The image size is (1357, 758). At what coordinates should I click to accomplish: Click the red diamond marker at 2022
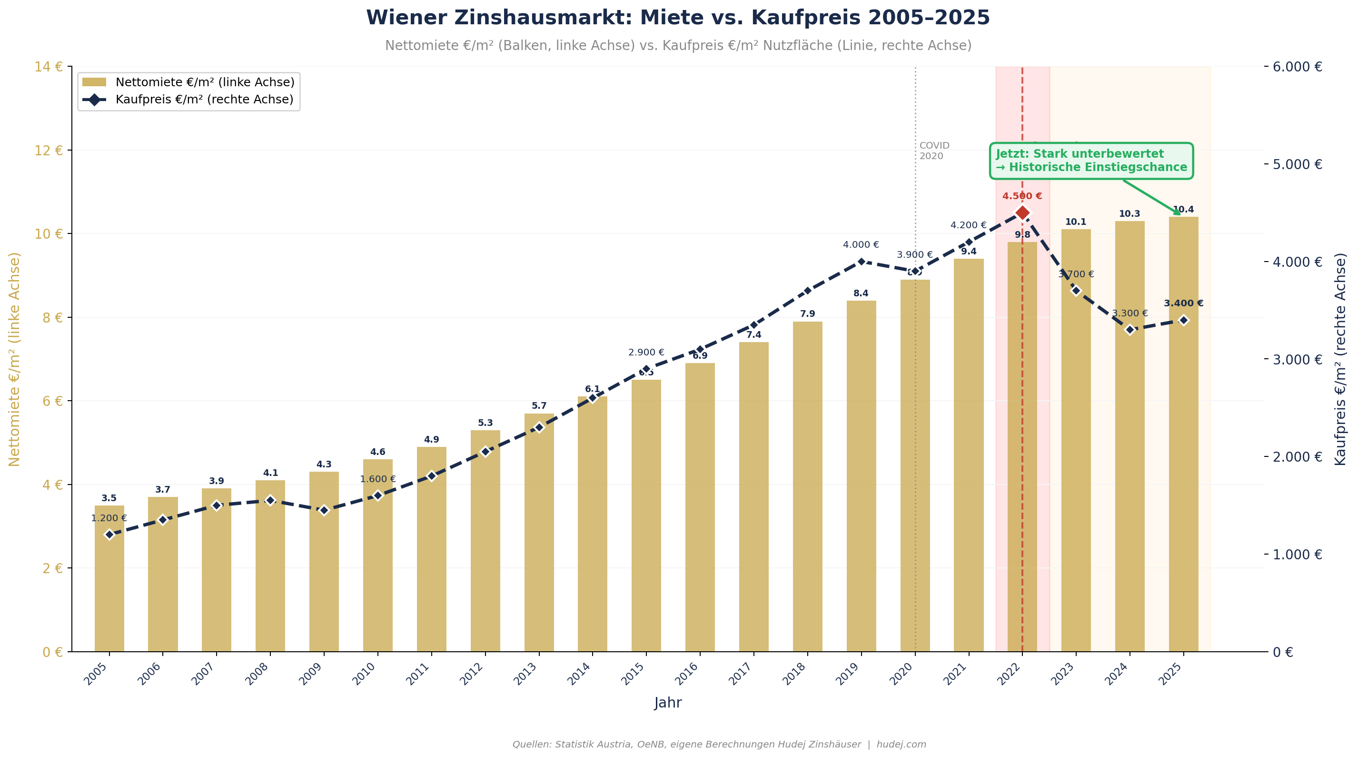click(x=1022, y=212)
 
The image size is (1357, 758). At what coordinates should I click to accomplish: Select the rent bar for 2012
click(x=485, y=543)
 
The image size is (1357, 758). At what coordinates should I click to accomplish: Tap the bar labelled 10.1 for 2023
click(x=1076, y=443)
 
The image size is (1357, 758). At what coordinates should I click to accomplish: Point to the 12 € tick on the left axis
click(x=49, y=150)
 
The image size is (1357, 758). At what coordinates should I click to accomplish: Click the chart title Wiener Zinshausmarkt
click(x=678, y=18)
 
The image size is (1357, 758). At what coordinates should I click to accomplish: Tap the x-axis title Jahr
click(x=668, y=703)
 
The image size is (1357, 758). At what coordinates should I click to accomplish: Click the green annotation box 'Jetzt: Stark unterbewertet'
click(x=1091, y=161)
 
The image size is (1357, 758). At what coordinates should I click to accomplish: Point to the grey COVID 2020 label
click(x=934, y=151)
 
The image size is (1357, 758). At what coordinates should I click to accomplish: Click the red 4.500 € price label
click(x=1022, y=196)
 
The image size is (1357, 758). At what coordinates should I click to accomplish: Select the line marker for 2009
click(x=324, y=510)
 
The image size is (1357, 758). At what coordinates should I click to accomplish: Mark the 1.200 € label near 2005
click(x=109, y=518)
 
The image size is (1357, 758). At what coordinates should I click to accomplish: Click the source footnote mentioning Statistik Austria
click(x=719, y=744)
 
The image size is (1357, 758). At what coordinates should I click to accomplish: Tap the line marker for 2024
click(x=1129, y=329)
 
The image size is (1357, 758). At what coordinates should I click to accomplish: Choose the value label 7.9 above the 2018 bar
click(x=807, y=314)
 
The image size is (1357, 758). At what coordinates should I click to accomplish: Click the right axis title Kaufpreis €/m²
click(x=1341, y=358)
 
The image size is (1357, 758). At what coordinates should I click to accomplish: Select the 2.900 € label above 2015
click(x=646, y=352)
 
